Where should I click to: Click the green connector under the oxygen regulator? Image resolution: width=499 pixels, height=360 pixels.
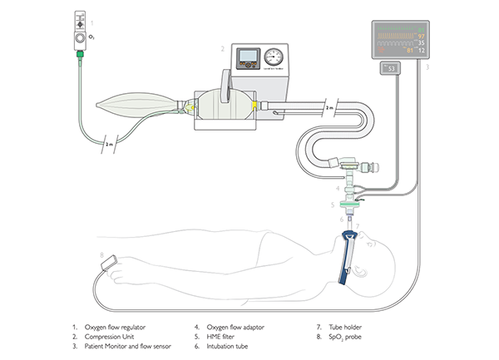point(81,56)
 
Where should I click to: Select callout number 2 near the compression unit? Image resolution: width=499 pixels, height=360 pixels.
point(223,49)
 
